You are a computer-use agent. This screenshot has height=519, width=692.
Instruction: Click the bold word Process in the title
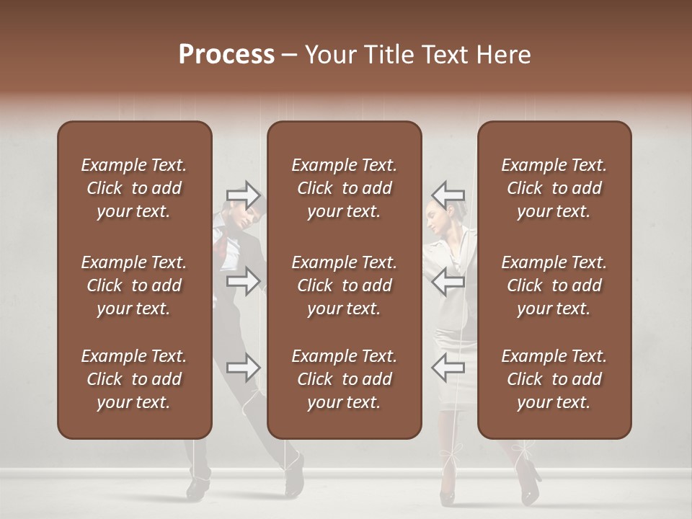click(226, 55)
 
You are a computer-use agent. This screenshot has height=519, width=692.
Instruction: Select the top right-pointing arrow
click(243, 195)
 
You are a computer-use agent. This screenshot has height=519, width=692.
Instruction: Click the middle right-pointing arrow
click(243, 281)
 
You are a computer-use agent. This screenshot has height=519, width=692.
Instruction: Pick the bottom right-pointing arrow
click(243, 368)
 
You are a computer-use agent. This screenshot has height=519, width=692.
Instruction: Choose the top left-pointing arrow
click(448, 195)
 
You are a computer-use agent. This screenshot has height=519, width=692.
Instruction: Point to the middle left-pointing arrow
click(448, 281)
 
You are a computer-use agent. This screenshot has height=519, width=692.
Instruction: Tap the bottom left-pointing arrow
click(448, 368)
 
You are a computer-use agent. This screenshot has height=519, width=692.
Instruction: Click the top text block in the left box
click(134, 188)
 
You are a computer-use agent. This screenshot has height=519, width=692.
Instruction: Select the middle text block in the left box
click(134, 285)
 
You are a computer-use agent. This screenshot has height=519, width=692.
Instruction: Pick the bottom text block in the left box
click(134, 379)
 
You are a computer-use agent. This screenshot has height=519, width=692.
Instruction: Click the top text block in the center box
click(344, 188)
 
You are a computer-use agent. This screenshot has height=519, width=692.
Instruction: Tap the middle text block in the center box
click(344, 285)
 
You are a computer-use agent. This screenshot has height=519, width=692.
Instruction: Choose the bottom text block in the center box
click(344, 379)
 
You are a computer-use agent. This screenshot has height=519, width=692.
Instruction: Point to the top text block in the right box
click(554, 188)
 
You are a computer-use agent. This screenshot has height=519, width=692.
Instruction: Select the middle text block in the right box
click(554, 285)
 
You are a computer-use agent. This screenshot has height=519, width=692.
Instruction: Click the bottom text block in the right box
click(554, 379)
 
